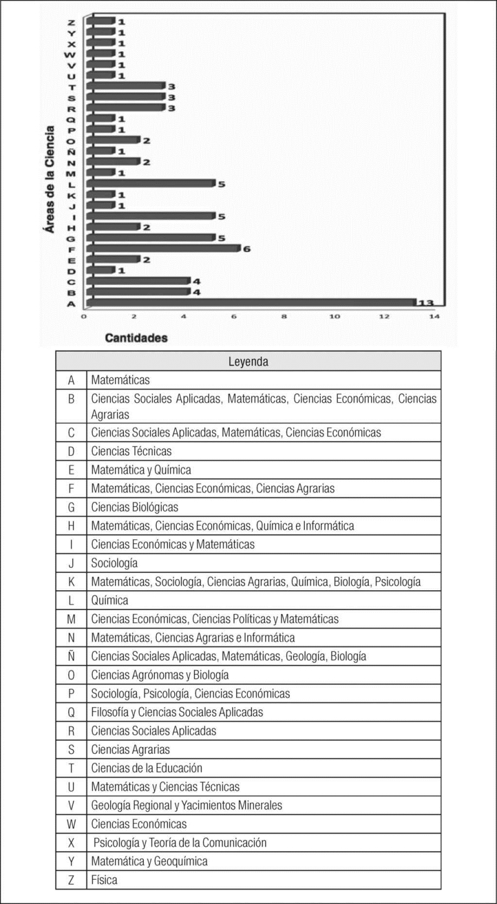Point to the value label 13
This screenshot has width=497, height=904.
[425, 303]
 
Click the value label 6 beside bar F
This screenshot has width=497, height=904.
[246, 249]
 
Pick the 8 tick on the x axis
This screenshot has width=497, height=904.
[284, 317]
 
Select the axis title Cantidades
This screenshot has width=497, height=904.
[136, 338]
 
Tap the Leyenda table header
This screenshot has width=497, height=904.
[248, 361]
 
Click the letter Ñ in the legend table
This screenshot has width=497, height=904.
[71, 656]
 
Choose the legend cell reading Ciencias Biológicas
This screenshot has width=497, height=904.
[134, 507]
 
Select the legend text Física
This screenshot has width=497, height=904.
[104, 880]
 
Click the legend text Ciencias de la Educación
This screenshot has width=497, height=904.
[147, 768]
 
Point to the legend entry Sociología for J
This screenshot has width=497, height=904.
[114, 563]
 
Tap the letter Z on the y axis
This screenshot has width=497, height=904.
[72, 22]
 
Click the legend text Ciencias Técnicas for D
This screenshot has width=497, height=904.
[131, 451]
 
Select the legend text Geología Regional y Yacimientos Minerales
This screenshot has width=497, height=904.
[187, 805]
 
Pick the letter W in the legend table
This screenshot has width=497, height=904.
[71, 824]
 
